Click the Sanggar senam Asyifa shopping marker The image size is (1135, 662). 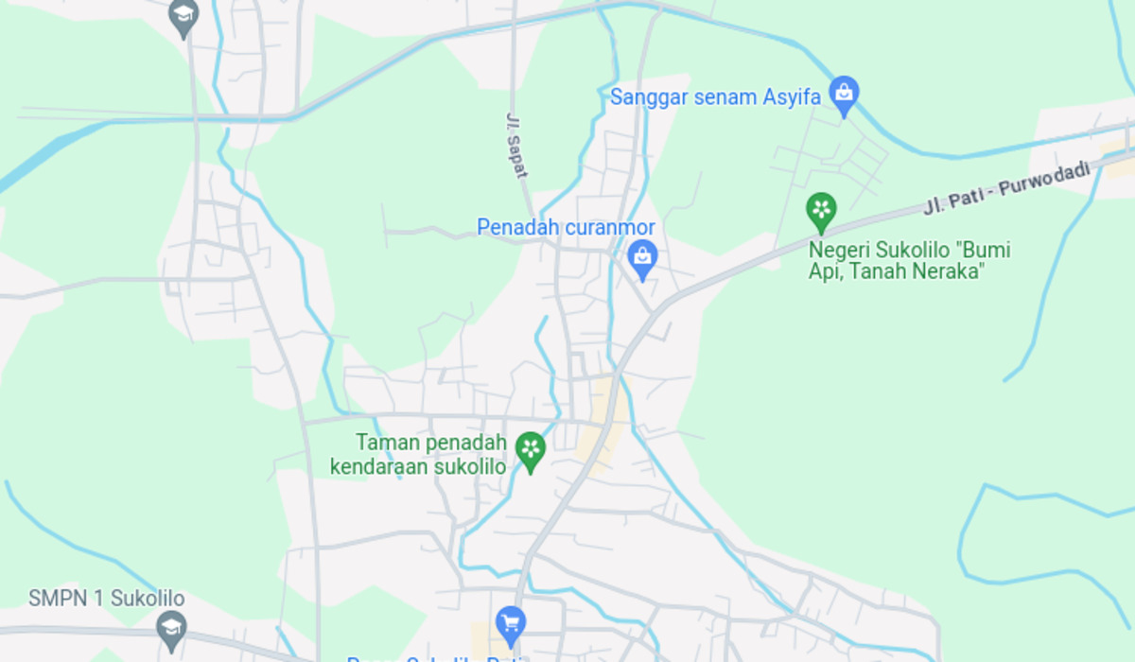click(x=843, y=94)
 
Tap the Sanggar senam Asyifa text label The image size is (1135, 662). click(x=715, y=96)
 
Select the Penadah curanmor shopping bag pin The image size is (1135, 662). click(x=642, y=257)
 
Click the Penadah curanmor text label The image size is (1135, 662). click(x=566, y=228)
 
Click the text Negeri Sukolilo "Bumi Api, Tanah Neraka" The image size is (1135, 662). click(x=909, y=261)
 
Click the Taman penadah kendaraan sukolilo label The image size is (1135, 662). click(x=418, y=454)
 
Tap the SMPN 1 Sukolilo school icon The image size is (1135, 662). click(x=171, y=625)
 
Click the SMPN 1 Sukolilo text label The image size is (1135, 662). click(x=106, y=599)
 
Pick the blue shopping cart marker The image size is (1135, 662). click(x=511, y=622)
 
